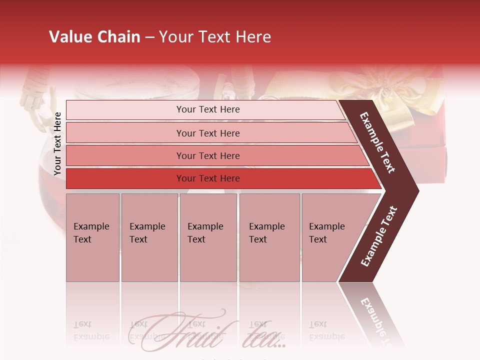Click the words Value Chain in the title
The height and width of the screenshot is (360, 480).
point(94,37)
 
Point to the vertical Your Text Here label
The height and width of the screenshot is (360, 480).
point(57,143)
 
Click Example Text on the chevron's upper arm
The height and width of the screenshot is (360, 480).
point(377,142)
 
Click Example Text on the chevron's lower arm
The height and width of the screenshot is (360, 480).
point(378,236)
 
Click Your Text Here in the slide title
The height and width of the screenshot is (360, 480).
point(215,37)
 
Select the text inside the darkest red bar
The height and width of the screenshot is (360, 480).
point(208,178)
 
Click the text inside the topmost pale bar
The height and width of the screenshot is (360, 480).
point(208,109)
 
